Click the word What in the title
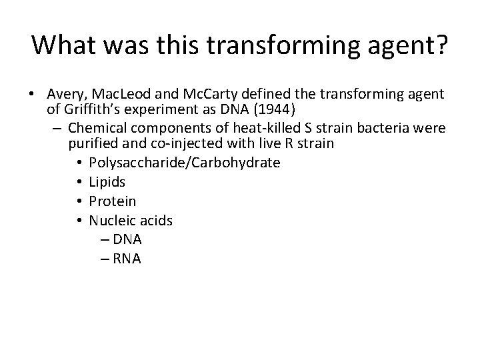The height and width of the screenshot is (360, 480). [63, 45]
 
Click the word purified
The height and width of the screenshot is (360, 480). [93, 143]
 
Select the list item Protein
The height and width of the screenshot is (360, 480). [112, 201]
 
